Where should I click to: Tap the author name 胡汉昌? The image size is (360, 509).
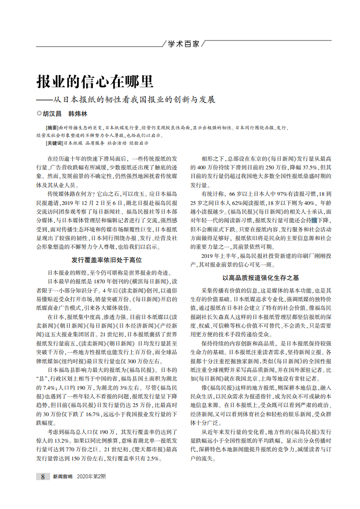click(x=52, y=115)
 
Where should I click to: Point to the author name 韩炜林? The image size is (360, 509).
click(x=77, y=115)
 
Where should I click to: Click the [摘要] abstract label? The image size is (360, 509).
click(x=52, y=128)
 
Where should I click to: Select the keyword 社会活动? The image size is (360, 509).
click(x=116, y=143)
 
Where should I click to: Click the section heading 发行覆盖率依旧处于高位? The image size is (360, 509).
click(x=106, y=259)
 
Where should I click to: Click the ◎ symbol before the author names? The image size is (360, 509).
click(x=39, y=115)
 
